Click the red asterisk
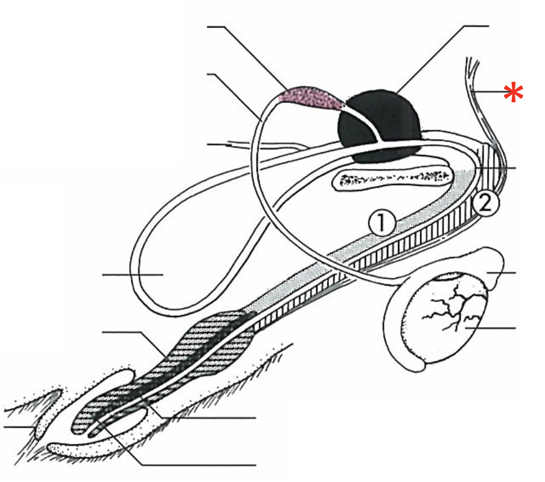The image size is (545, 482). coord(513,93)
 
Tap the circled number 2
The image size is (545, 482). coord(485,204)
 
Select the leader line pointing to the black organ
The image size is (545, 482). coord(443,53)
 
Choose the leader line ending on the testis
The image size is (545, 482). coord(493,329)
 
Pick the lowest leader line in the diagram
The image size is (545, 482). coord(199,463)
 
